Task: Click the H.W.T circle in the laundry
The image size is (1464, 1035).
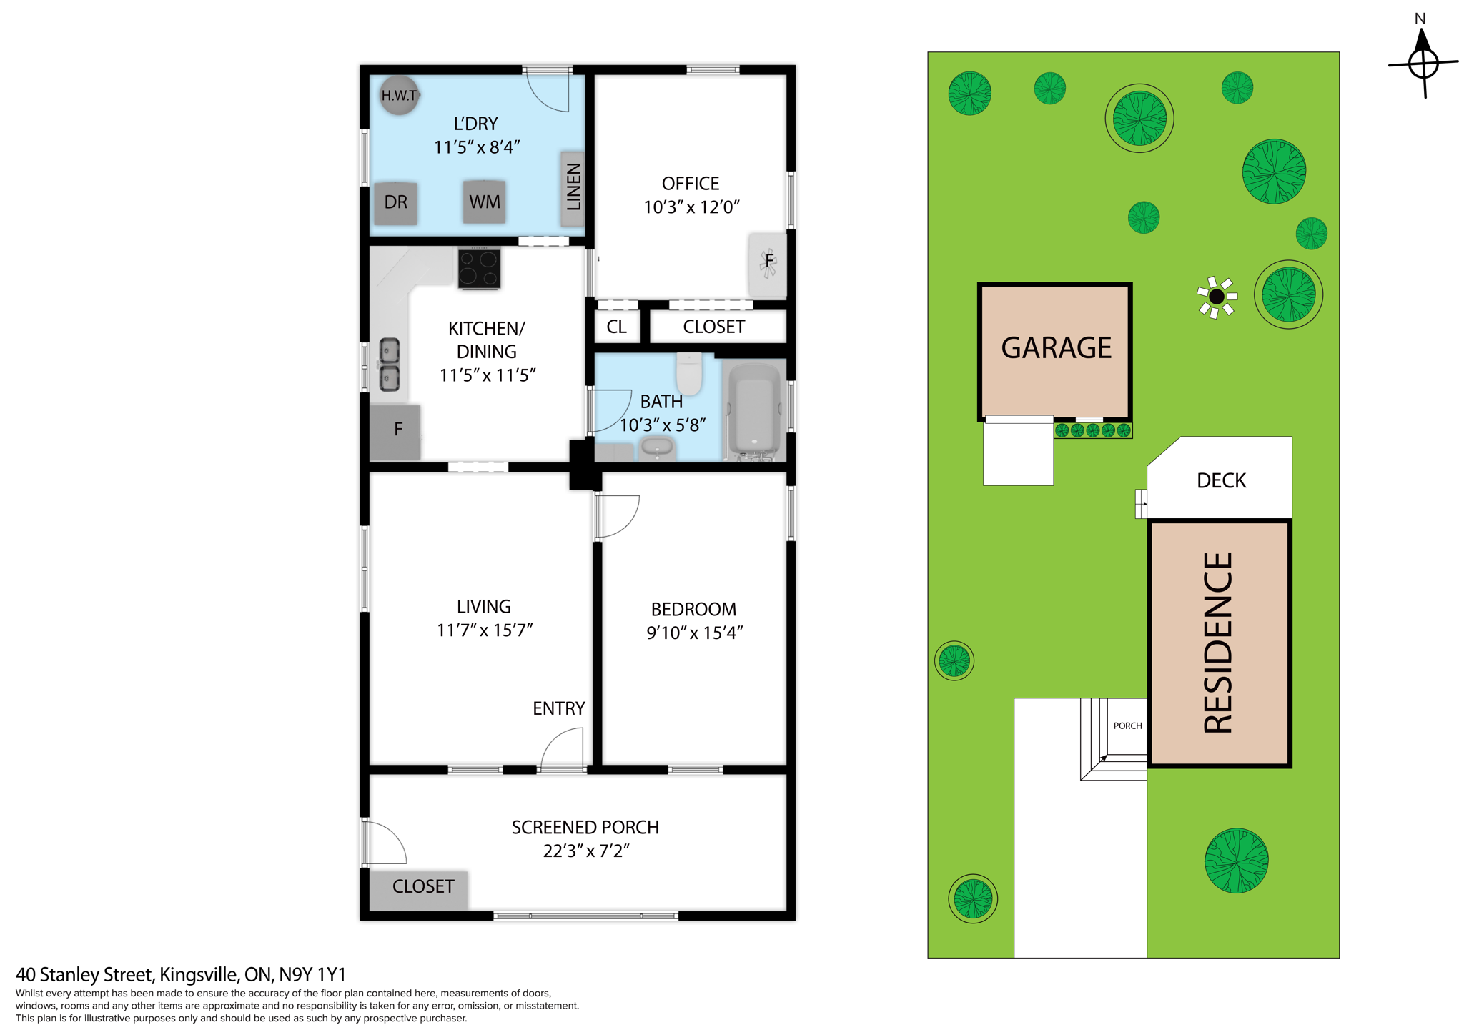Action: click(398, 95)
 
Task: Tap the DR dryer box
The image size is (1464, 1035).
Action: click(395, 202)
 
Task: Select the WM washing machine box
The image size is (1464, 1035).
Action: click(484, 202)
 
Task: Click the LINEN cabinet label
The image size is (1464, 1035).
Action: click(573, 187)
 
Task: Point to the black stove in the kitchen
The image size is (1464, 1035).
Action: click(479, 269)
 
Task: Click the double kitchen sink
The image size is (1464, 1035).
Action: click(389, 365)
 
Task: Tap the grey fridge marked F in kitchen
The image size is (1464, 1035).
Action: click(395, 431)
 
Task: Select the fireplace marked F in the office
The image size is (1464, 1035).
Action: click(768, 263)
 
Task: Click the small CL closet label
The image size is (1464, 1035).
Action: click(616, 327)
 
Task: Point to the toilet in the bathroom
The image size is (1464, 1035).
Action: click(690, 373)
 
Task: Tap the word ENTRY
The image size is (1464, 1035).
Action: click(558, 708)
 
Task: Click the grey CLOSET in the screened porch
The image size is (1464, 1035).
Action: click(421, 888)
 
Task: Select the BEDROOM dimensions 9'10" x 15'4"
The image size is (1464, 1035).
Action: click(694, 633)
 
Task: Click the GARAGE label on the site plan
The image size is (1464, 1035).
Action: click(1055, 348)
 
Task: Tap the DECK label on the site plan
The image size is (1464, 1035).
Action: click(1221, 480)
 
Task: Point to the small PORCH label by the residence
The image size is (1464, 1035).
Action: click(1127, 726)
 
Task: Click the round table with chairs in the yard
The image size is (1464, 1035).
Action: click(1216, 296)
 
